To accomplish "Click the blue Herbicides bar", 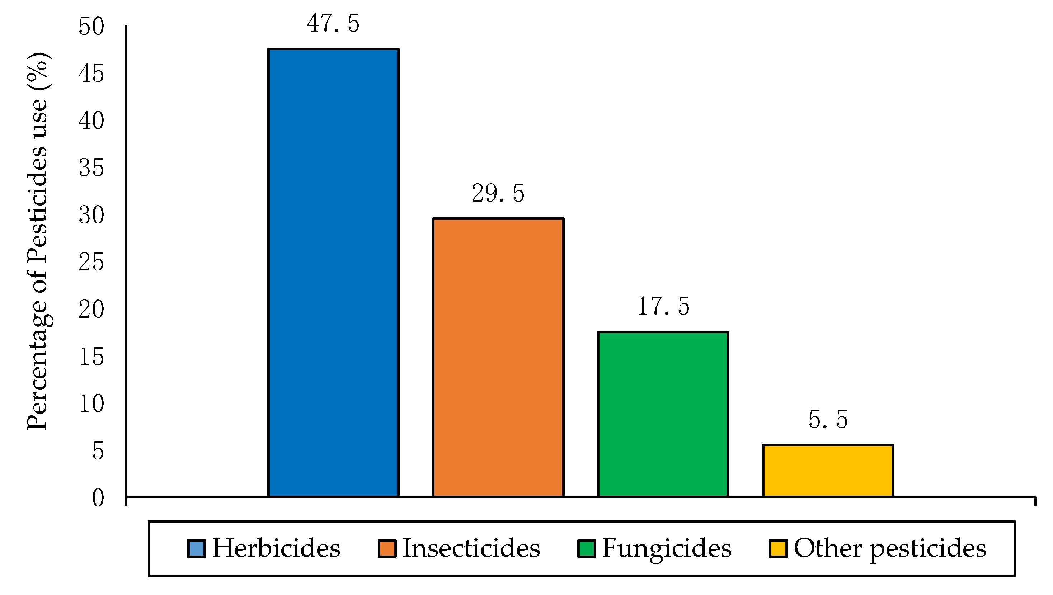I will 333,273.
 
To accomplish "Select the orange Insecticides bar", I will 498,358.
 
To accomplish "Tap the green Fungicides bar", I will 663,414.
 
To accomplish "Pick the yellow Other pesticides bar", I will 828,470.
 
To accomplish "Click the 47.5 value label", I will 333,23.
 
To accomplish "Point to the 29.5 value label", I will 498,193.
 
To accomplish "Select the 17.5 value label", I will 663,307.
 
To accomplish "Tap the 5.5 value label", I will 828,420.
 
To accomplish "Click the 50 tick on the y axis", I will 91,27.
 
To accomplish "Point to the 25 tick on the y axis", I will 91,263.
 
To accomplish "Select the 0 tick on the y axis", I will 98,499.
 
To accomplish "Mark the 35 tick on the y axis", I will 91,168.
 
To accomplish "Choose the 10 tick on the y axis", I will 91,404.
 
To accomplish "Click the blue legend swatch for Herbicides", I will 196,549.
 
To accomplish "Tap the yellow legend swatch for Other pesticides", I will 778,549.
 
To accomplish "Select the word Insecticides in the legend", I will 471,548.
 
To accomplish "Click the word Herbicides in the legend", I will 276,548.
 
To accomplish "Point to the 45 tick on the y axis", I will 91,74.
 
